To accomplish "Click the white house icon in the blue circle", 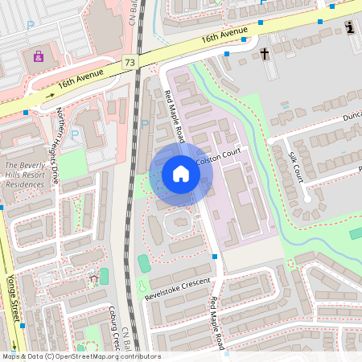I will click(181, 174).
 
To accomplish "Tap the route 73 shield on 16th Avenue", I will click(130, 62).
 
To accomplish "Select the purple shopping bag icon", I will click(38, 56).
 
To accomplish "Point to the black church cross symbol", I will click(265, 54).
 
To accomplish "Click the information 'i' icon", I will click(350, 28).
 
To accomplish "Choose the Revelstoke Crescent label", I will click(177, 289).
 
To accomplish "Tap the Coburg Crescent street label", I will click(114, 328).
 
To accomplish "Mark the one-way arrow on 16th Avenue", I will click(48, 95).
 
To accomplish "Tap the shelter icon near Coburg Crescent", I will click(93, 279).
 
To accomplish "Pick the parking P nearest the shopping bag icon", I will click(31, 26).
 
